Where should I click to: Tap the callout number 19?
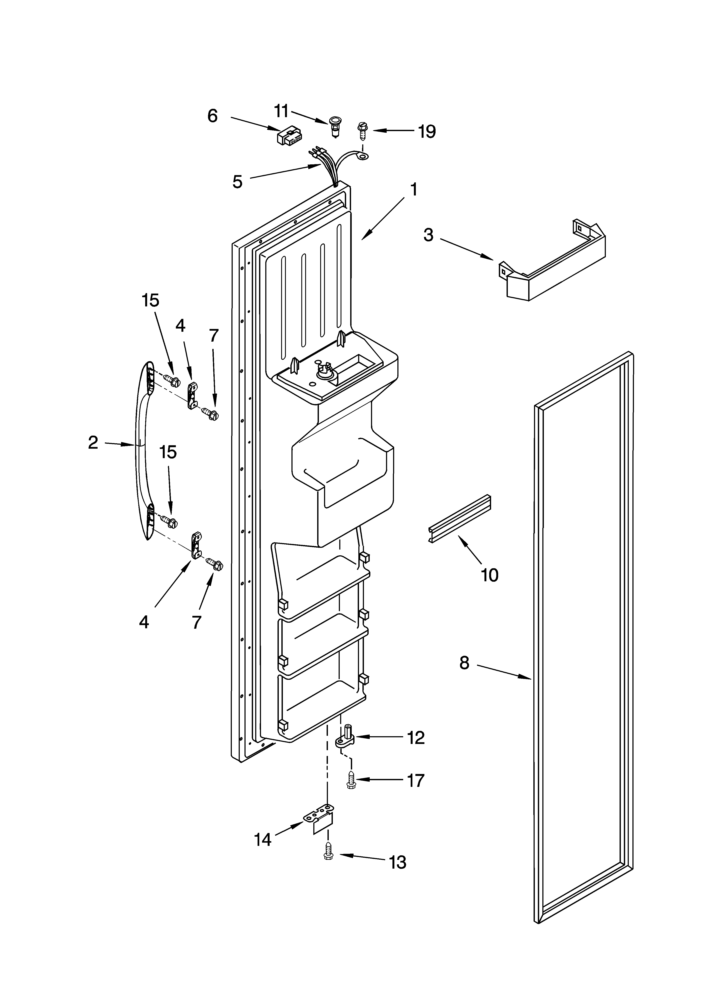427,131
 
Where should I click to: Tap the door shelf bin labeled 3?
553,267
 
